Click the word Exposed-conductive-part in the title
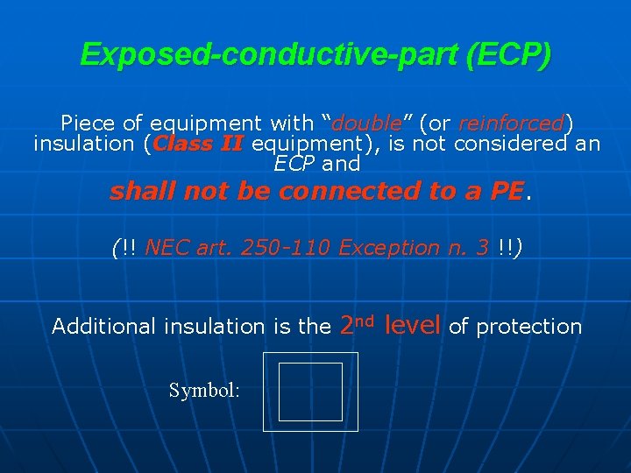[272, 54]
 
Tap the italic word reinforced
[511, 124]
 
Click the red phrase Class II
[196, 144]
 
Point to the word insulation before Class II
[83, 144]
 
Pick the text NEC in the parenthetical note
[165, 248]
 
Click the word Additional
[97, 327]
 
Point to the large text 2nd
[358, 325]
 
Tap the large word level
[413, 325]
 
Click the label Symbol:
[203, 391]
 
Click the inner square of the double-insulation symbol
[310, 392]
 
